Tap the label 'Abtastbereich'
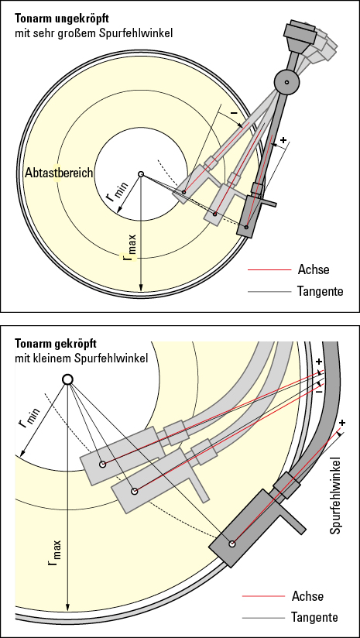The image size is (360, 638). click(x=58, y=173)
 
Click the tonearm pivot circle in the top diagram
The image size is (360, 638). click(x=286, y=81)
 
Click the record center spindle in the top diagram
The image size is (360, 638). click(x=141, y=175)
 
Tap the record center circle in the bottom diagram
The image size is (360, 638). click(x=67, y=379)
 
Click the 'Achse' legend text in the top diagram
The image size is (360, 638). click(x=313, y=269)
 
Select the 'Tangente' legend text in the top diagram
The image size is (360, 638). click(x=320, y=291)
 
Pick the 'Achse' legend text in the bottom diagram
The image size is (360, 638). click(x=307, y=596)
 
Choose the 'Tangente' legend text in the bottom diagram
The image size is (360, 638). click(x=314, y=617)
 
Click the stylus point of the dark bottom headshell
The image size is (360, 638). click(x=231, y=544)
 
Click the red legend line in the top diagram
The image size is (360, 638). click(x=262, y=270)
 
